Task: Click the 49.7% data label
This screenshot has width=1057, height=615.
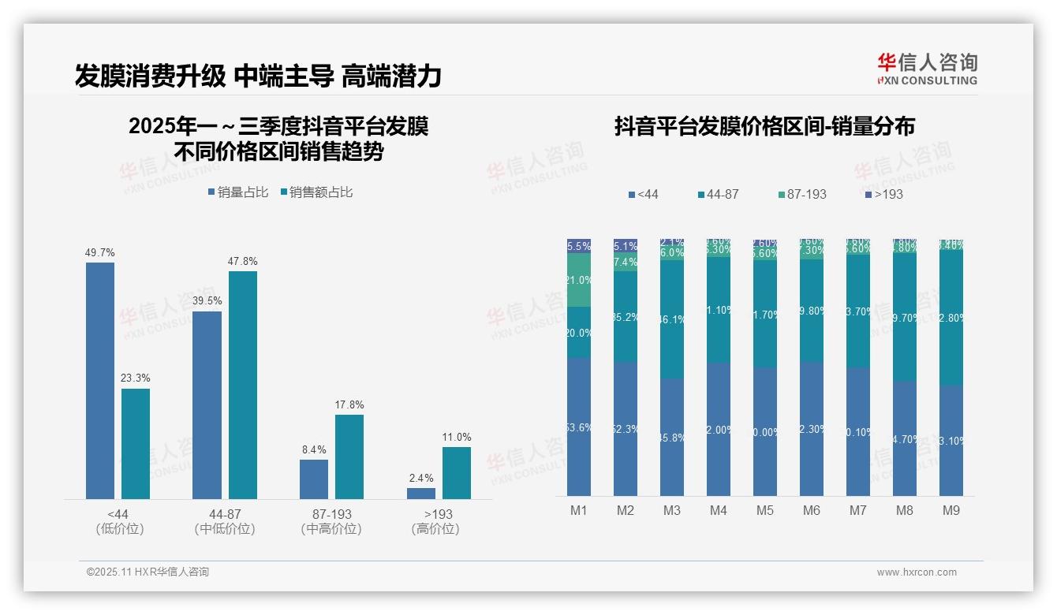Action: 100,253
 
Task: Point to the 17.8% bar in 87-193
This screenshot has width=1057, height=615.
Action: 349,457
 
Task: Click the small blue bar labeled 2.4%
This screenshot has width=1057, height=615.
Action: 421,494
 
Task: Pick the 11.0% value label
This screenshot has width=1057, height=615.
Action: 457,438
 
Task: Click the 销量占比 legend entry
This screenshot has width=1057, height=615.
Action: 238,192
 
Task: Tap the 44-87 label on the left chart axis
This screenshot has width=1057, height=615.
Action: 225,514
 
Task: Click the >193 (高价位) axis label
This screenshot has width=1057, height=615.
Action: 435,521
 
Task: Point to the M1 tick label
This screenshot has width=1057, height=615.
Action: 579,511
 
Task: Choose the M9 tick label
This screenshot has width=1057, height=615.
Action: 951,511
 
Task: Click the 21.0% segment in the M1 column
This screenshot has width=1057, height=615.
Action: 579,280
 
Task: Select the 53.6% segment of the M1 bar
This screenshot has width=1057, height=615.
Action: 579,427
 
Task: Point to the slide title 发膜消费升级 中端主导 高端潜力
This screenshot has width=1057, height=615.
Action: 258,76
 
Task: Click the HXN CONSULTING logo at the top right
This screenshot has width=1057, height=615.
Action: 927,69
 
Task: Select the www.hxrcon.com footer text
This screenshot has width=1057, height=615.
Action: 917,572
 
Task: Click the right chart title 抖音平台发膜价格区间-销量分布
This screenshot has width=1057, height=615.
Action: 764,127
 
